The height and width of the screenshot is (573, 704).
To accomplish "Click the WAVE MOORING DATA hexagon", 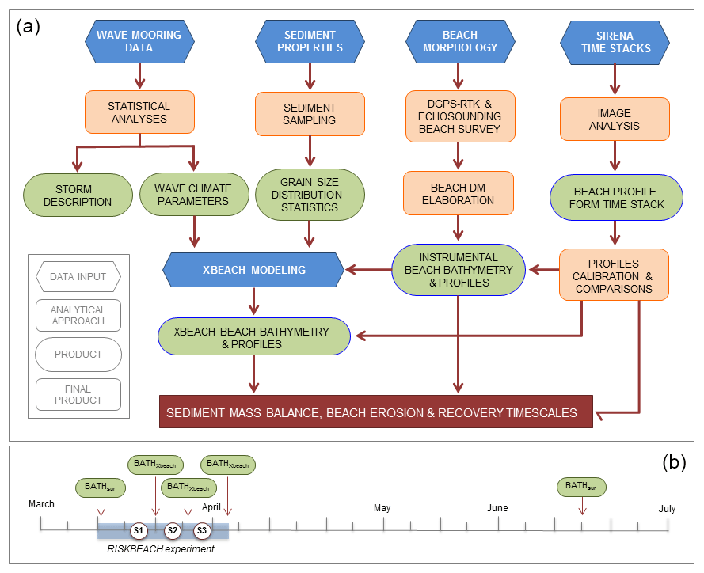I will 139,41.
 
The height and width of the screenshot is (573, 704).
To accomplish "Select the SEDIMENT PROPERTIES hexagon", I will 309,41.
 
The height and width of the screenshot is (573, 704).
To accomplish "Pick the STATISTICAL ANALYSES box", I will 139,112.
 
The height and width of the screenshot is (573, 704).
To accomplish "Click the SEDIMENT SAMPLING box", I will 309,114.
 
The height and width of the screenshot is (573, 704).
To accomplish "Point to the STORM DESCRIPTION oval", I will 78,195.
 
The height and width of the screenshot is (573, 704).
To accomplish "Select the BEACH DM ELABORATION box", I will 459,195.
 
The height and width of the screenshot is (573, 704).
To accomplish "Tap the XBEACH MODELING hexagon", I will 253,270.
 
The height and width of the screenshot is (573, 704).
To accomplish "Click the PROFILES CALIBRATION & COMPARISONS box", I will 615,275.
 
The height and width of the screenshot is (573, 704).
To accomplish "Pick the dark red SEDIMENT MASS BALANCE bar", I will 376,412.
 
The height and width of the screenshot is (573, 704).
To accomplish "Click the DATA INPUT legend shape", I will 78,277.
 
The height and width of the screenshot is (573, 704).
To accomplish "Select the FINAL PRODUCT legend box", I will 78,394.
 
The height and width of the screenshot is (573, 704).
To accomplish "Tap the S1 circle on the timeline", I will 139,529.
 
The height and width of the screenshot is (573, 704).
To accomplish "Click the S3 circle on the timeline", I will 202,529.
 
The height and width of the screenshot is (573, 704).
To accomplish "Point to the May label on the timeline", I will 382,507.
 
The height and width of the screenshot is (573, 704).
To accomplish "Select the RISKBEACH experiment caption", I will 161,548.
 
